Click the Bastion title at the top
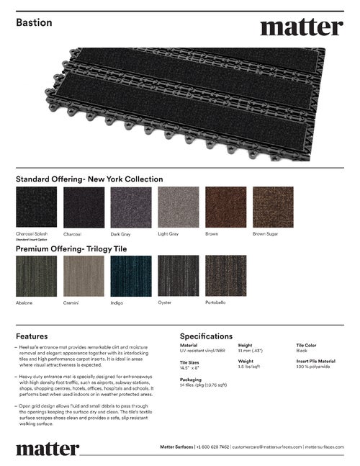pos(34,23)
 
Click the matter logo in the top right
pos(301,27)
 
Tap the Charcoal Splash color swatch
pos(35,207)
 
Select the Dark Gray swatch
pos(130,207)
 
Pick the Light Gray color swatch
pos(178,207)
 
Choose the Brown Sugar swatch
pos(273,207)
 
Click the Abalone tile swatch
pos(35,276)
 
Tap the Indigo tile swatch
pos(130,276)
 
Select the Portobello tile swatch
pos(225,276)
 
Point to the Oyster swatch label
pos(165,303)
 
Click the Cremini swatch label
pos(71,303)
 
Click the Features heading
pos(32,336)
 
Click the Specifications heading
pos(206,336)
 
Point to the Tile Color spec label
pos(306,345)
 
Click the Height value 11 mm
pos(250,351)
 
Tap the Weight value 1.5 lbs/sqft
pos(250,367)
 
